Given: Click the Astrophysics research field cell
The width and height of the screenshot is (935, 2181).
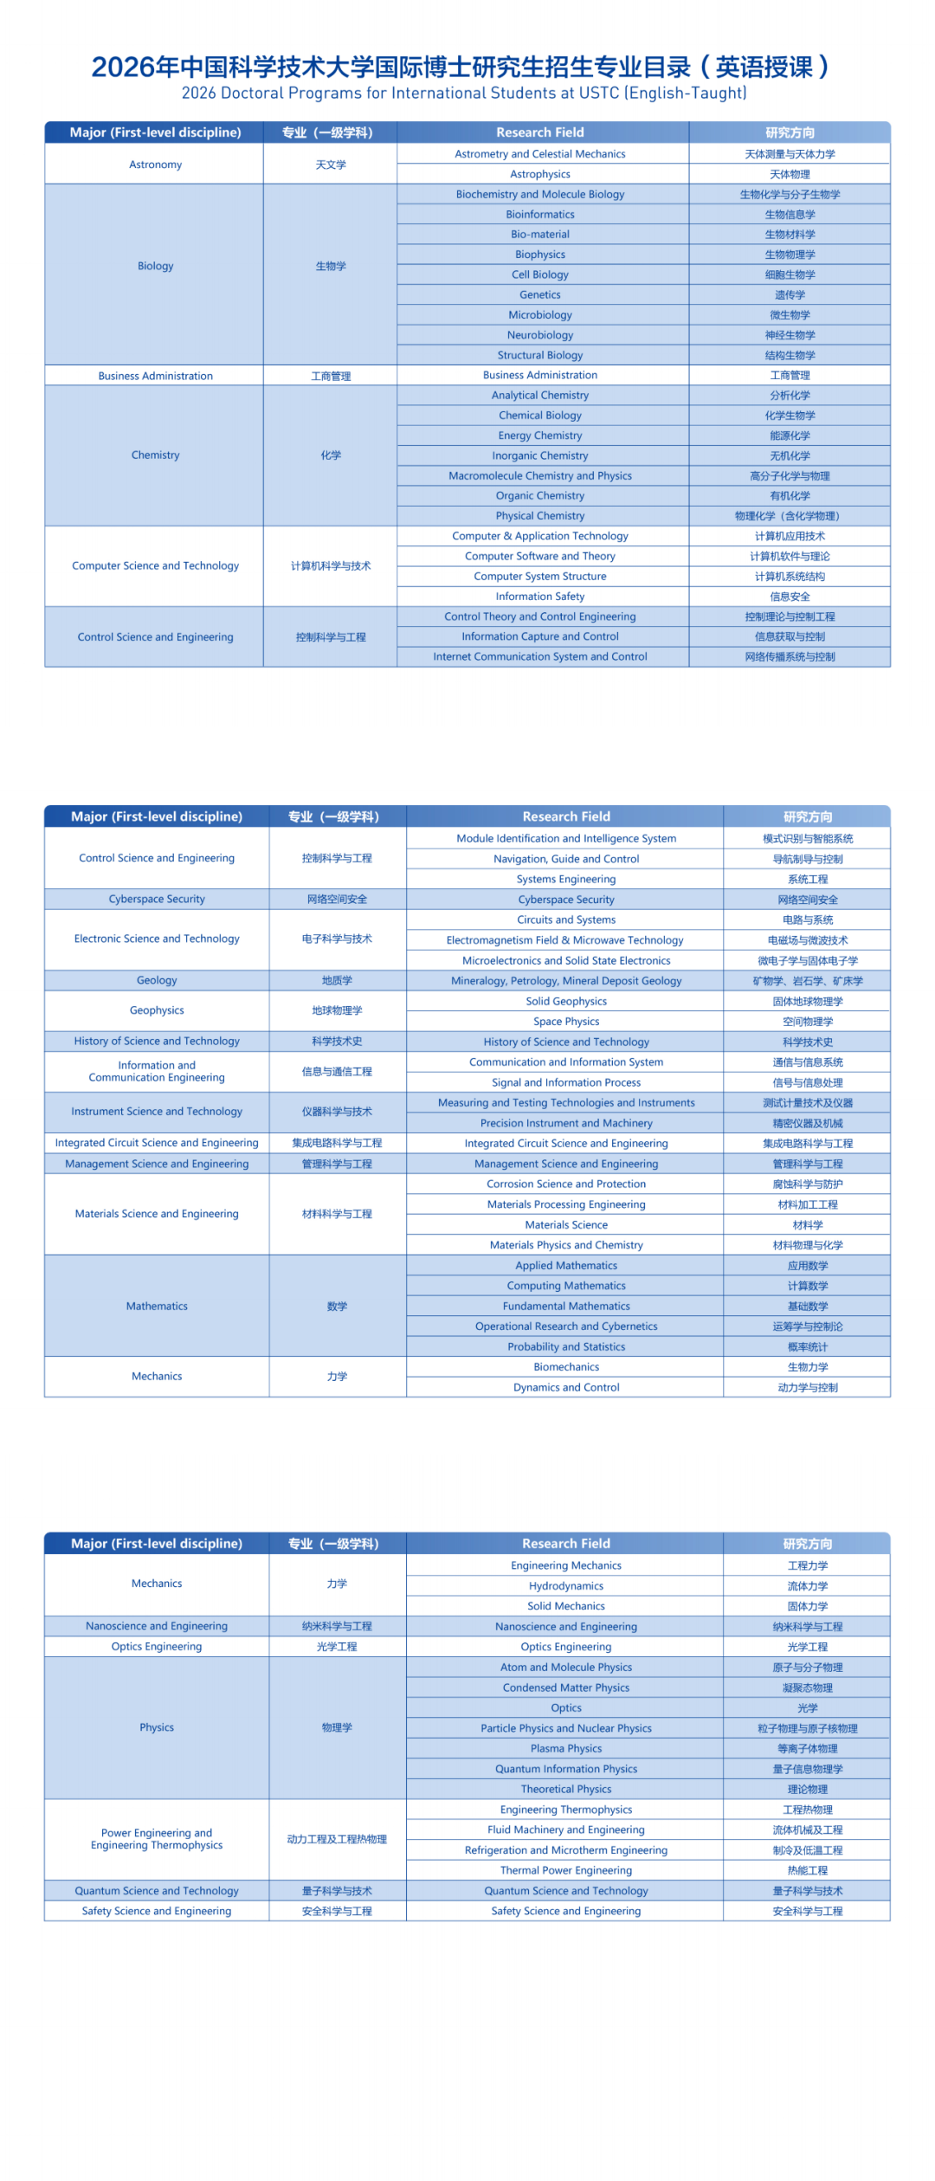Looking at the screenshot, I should [x=539, y=174].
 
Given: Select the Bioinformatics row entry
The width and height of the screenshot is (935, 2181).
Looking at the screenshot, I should [x=539, y=214].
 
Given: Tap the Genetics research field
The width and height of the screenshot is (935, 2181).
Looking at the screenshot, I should [x=539, y=294].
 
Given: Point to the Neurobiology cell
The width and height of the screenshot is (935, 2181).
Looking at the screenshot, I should [x=539, y=335].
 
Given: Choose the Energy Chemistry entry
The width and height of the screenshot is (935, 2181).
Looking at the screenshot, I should [x=539, y=436].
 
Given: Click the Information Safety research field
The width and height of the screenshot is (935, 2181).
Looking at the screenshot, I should [x=539, y=597].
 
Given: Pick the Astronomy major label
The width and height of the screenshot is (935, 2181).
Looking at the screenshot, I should [x=155, y=165].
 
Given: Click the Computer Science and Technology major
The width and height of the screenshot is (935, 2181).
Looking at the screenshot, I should [x=155, y=565].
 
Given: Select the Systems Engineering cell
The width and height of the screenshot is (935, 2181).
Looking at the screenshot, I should [x=566, y=879].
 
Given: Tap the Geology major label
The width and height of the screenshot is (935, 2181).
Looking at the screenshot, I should [x=157, y=980].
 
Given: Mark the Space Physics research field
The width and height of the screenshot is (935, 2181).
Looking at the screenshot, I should [x=566, y=1022].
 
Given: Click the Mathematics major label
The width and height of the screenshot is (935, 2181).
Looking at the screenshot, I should [x=157, y=1306].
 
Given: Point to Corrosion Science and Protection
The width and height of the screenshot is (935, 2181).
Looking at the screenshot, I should [x=566, y=1184].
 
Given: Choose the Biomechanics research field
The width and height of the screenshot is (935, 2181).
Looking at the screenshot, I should [x=566, y=1367].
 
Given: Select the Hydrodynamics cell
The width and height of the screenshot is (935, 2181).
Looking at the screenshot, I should [x=566, y=1586].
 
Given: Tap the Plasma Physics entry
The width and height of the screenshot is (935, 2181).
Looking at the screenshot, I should [x=566, y=1749].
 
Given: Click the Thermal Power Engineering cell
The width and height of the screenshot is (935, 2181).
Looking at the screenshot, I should [x=566, y=1870].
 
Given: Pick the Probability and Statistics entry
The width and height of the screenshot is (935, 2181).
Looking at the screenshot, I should [x=566, y=1346].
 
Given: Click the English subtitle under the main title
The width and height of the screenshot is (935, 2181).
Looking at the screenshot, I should [x=464, y=93].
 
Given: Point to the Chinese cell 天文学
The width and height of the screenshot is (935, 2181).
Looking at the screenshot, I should [x=331, y=165].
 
